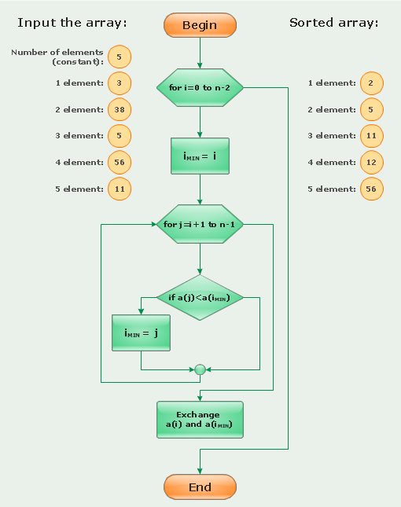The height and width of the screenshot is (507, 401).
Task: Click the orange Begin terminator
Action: tap(200, 25)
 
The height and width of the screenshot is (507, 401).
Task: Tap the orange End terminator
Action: tap(200, 487)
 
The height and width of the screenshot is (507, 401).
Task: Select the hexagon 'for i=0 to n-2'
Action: tap(200, 87)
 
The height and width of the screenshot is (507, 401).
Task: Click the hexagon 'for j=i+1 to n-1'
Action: tap(200, 225)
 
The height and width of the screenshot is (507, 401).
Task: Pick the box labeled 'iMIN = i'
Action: tap(200, 156)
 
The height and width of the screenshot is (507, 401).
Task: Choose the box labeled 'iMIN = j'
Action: tap(141, 332)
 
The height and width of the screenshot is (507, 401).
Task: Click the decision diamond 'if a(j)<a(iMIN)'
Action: tap(200, 297)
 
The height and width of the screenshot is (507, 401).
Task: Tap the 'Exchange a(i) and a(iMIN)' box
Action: tap(200, 420)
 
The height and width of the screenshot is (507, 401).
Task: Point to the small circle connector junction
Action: tap(200, 369)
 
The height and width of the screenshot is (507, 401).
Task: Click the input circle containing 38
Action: tap(120, 109)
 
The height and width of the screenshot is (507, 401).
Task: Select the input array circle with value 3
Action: tap(120, 83)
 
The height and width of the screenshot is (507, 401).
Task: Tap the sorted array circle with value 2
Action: tap(371, 83)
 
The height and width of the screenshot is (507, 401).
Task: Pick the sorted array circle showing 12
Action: tap(371, 163)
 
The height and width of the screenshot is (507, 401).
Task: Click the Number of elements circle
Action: tap(120, 57)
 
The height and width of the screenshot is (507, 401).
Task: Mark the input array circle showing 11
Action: tap(120, 189)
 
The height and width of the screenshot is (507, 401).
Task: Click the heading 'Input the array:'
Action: tap(72, 23)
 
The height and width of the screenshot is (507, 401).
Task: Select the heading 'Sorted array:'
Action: tap(333, 23)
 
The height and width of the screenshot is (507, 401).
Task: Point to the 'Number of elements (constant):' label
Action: tap(57, 57)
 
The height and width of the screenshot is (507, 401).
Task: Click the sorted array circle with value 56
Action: tap(371, 189)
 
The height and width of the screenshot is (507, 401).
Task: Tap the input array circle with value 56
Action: tap(120, 163)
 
